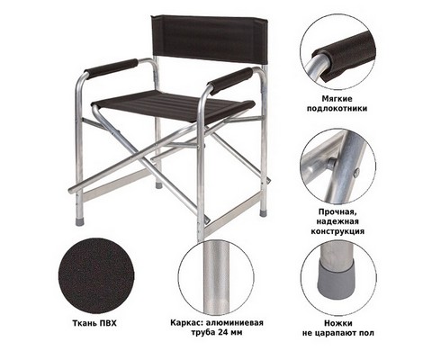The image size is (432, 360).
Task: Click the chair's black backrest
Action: [x=210, y=39]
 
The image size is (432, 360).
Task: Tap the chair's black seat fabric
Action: [x=173, y=106]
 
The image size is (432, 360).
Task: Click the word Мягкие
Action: [x=337, y=99]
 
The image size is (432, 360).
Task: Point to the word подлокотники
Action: [x=337, y=108]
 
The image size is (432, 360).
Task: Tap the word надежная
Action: [x=337, y=221]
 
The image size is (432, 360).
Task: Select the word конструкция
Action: [x=337, y=231]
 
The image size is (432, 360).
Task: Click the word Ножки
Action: [x=338, y=323]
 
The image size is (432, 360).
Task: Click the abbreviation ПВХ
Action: [x=108, y=323]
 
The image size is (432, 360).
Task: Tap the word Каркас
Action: [x=185, y=323]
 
